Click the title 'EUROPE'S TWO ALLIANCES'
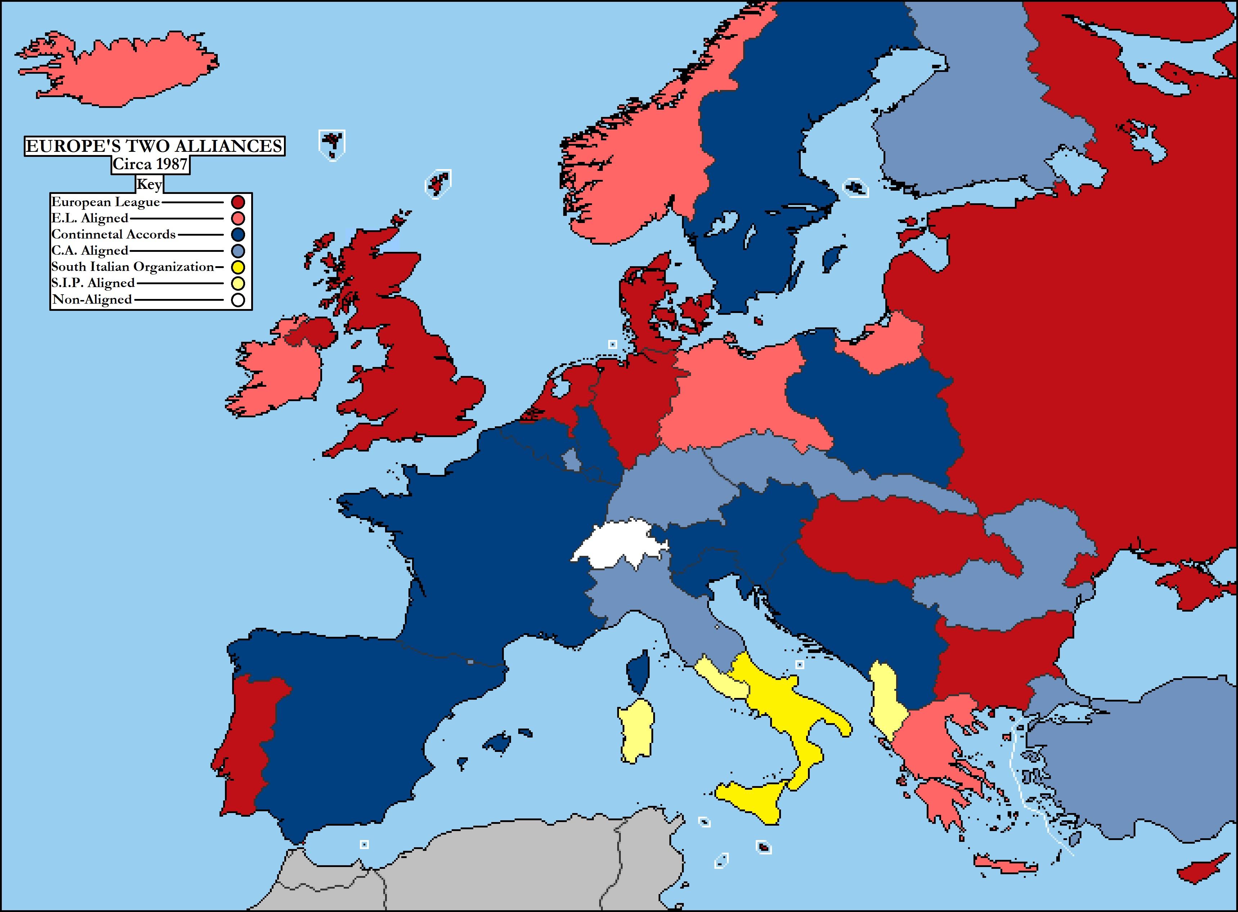[x=155, y=146]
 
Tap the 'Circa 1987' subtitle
[x=150, y=164]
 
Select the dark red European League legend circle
[x=238, y=202]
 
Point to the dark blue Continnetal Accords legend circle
[x=238, y=234]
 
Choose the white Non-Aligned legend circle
[x=238, y=300]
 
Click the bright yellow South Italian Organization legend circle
[x=238, y=267]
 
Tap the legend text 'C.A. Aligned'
[x=90, y=251]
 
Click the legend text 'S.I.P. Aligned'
[x=93, y=283]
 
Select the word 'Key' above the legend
[x=149, y=185]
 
